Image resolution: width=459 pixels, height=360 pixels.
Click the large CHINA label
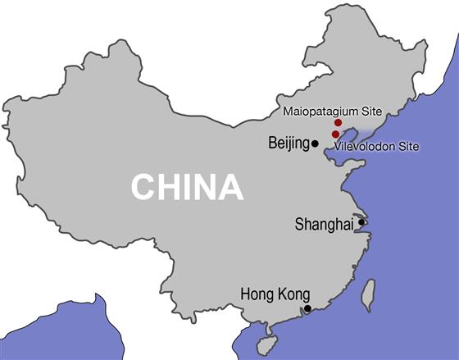pos(187,187)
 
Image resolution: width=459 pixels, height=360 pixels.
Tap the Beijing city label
pos(288,144)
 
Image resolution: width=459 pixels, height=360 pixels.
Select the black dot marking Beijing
pos(315,144)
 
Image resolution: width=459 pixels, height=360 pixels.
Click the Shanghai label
pos(323,224)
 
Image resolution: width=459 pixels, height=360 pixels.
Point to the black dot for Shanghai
pos(361,221)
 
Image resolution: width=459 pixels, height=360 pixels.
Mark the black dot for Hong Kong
pos(307,308)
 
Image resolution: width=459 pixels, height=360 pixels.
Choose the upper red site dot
pos(338,122)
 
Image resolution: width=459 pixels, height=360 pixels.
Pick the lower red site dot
pos(335,134)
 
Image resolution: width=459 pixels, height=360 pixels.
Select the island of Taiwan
pos(369,294)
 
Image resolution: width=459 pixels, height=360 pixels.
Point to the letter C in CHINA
pos(143,187)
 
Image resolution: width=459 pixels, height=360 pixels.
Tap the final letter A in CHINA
pos(232,187)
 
